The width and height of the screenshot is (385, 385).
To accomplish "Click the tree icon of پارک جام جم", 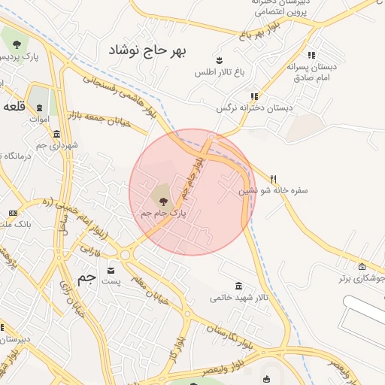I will (x=164, y=200).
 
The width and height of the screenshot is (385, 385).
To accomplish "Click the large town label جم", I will (x=88, y=278).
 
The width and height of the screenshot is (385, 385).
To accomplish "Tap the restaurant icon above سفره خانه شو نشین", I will (x=274, y=179).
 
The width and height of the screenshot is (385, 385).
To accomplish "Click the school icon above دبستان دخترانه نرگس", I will (x=254, y=96).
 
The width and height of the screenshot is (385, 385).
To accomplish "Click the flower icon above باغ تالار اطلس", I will (x=219, y=59).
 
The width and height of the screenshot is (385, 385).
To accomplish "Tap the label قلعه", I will (x=16, y=106).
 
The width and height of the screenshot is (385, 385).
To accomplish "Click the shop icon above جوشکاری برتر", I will (x=362, y=266).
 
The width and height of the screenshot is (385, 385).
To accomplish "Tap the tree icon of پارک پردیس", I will (x=15, y=41).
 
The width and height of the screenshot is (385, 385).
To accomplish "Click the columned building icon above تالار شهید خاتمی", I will (x=239, y=286).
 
